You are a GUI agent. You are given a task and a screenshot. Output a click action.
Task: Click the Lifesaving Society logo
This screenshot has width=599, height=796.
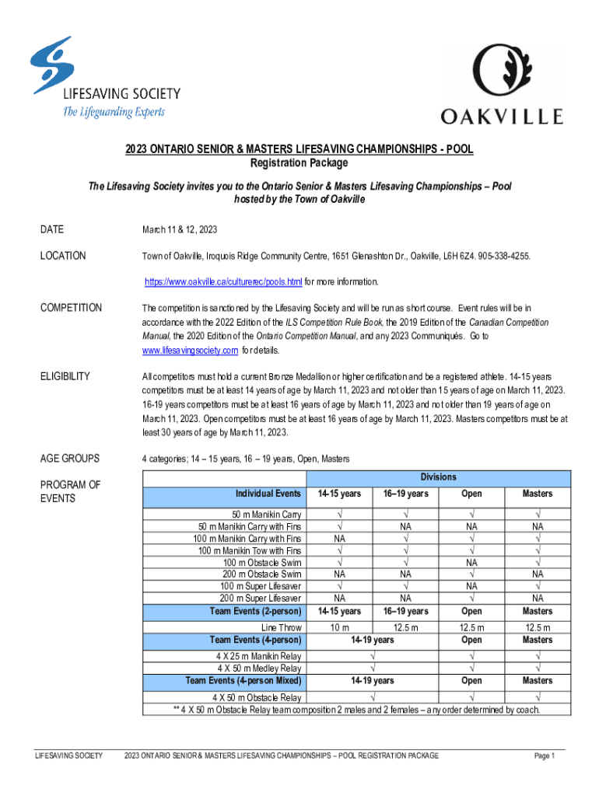coord(105,78)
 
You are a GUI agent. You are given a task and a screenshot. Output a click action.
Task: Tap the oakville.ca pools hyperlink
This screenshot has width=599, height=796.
coord(223,281)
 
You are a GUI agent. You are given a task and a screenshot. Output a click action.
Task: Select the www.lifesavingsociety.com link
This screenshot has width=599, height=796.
coord(191,351)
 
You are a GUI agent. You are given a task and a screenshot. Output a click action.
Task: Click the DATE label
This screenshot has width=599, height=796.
coord(52,229)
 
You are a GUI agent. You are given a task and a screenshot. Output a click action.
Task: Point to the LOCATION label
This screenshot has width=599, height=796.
coord(63,256)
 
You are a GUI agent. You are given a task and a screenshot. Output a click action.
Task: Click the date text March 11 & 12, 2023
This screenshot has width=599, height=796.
coord(179,229)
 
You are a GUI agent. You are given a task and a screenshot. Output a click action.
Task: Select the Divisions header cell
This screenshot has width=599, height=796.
coord(438,477)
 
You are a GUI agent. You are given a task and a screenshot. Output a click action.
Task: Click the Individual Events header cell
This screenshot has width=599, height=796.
coord(268,494)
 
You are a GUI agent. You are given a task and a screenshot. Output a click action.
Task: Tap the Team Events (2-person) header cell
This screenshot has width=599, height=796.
coord(256,611)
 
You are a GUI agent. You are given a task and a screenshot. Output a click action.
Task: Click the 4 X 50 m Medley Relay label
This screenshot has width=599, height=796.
coord(259,668)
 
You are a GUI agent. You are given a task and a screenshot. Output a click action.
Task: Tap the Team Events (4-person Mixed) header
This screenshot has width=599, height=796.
coord(243,681)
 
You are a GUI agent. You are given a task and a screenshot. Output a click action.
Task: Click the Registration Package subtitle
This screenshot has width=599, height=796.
coord(299,163)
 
